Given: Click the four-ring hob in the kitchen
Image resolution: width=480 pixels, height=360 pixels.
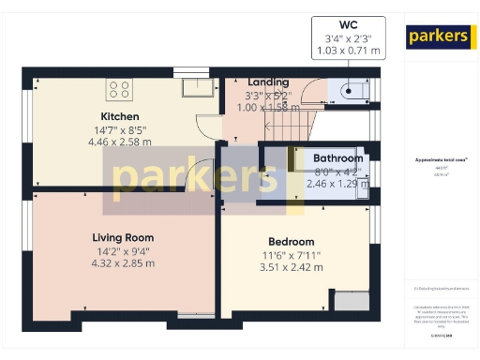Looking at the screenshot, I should point(119,89).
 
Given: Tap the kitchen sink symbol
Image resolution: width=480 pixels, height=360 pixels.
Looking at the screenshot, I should point(199,87).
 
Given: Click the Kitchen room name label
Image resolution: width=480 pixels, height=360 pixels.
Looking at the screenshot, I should point(120,117).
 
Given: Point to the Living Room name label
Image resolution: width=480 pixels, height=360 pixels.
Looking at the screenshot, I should point(122,238).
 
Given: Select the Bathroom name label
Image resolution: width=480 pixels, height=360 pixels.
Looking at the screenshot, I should point(337,159).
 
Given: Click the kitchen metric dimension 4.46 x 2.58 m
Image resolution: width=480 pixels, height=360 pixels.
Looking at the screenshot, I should point(120,142).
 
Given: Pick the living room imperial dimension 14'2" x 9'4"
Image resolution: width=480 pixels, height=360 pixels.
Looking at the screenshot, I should point(122,251).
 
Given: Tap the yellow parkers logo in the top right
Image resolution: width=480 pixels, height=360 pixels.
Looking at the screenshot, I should point(437,36).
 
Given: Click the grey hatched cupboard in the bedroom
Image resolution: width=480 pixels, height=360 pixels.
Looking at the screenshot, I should point(352,301).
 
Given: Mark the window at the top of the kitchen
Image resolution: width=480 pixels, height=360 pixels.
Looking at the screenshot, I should point(192,71).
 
